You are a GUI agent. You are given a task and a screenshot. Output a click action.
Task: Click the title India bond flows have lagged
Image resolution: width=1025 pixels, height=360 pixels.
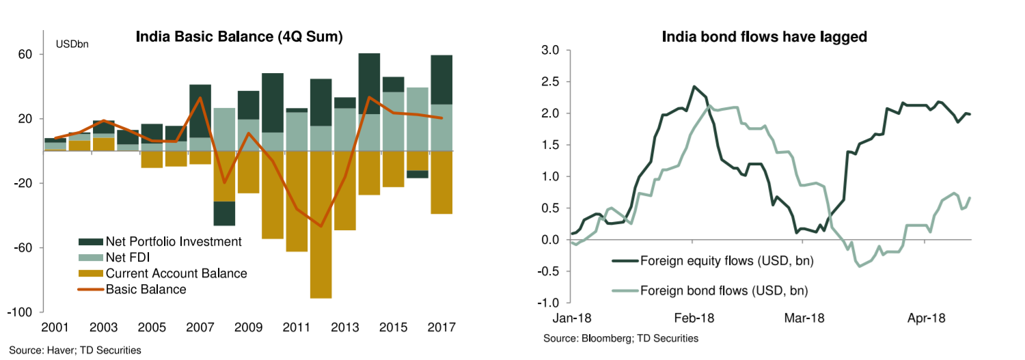pos(764,37)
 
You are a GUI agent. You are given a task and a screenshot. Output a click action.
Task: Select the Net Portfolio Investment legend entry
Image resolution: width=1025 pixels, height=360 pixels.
pos(174,242)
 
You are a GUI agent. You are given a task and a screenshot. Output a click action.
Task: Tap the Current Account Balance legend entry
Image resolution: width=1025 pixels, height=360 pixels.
pos(176,273)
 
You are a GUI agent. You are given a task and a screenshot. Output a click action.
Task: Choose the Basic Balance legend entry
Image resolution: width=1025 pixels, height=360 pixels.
pos(146,289)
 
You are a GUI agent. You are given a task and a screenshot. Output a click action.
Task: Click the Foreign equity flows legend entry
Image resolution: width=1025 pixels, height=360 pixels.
pos(727,260)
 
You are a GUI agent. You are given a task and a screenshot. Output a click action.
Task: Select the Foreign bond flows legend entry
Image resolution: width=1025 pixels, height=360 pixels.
pos(724,291)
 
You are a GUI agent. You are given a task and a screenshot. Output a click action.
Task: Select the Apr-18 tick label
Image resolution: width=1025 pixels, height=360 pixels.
pos(927,318)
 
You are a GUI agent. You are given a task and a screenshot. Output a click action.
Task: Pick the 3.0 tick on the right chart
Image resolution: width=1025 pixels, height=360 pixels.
pos(549,50)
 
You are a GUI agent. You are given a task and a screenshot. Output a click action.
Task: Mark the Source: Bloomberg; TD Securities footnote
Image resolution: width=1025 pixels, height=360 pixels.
pos(620,338)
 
